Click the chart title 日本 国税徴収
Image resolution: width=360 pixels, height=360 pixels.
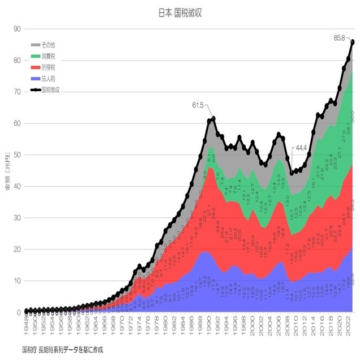tap(180, 12)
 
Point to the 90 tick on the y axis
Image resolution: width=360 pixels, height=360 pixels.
tap(18, 29)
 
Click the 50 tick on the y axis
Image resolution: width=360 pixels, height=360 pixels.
tap(18, 155)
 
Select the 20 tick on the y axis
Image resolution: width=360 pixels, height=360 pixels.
tap(18, 249)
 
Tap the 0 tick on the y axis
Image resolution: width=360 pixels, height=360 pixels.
tap(19, 312)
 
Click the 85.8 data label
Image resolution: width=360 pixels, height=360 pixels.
tap(339, 38)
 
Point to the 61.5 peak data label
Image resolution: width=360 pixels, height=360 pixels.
tap(198, 105)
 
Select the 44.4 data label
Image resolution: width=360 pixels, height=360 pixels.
tap(300, 148)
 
